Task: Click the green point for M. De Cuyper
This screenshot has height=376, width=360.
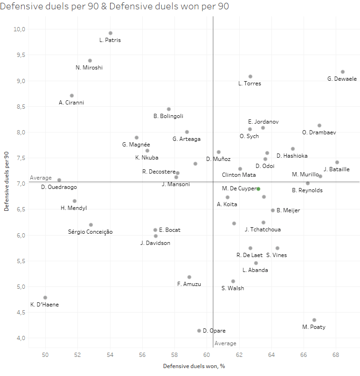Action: pyautogui.click(x=258, y=189)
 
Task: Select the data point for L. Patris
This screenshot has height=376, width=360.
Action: pyautogui.click(x=111, y=33)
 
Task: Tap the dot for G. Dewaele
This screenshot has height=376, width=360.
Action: pyautogui.click(x=343, y=72)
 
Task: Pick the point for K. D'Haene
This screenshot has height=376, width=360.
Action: pyautogui.click(x=45, y=298)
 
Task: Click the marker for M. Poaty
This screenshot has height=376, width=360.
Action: pyautogui.click(x=314, y=320)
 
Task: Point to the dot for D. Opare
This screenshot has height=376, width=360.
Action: pyautogui.click(x=199, y=331)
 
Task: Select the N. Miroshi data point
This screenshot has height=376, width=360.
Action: pyautogui.click(x=90, y=61)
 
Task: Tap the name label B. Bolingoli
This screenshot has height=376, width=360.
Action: pyautogui.click(x=168, y=116)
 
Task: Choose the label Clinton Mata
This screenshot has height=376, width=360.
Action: pyautogui.click(x=239, y=175)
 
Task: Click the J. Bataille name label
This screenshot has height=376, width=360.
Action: pyautogui.click(x=337, y=169)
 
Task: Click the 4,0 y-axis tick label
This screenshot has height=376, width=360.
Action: pyautogui.click(x=19, y=338)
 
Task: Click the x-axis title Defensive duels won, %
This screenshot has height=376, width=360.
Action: pyautogui.click(x=194, y=367)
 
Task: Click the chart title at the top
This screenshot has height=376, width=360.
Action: pyautogui.click(x=115, y=7)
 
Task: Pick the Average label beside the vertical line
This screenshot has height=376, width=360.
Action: pyautogui.click(x=225, y=343)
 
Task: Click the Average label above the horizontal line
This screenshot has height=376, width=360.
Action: pyautogui.click(x=41, y=178)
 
